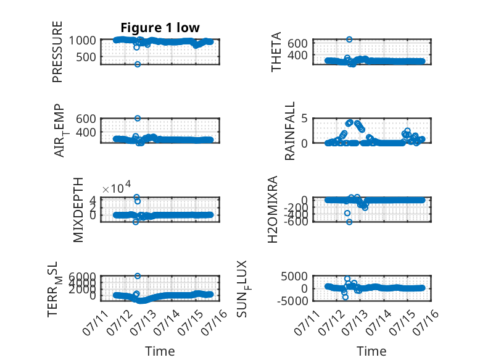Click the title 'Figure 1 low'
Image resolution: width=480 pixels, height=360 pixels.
point(160,28)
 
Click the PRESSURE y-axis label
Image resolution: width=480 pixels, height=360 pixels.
point(57,52)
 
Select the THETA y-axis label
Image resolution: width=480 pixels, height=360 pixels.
point(276,52)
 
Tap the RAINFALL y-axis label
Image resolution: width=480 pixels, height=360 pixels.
point(289,131)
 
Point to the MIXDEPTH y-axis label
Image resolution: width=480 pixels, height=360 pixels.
point(78,210)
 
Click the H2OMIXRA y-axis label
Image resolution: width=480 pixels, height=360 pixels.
point(273,209)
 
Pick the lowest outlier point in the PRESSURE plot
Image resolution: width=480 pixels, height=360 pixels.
point(138,64)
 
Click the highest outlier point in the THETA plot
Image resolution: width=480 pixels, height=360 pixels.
point(349,40)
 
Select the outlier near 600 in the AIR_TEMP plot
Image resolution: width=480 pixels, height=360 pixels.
point(138,119)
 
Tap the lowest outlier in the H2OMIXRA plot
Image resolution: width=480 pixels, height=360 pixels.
point(349,222)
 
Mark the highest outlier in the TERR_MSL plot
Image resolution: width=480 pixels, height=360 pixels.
point(138,276)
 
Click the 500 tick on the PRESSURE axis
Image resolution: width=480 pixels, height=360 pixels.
point(86,57)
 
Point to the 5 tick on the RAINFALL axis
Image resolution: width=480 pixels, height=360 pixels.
point(304,119)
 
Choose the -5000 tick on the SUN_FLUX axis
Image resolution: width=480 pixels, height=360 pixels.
point(292,301)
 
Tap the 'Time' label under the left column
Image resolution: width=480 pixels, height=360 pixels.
point(160,351)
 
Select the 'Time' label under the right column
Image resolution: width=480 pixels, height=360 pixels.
point(371,351)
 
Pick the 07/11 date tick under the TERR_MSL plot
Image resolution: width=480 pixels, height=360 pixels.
point(95,322)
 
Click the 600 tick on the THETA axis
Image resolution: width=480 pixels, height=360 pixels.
point(297,43)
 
